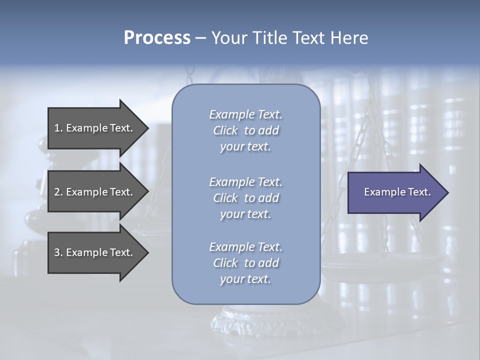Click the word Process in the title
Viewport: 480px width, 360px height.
coord(157,38)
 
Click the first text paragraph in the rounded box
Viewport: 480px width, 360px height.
coord(245,130)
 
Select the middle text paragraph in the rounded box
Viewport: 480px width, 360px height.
coord(245,197)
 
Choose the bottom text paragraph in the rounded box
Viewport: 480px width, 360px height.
coord(245,263)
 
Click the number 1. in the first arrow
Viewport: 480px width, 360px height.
coord(58,128)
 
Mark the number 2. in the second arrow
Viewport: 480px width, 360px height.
coord(58,192)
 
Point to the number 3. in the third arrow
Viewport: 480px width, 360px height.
coord(58,252)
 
